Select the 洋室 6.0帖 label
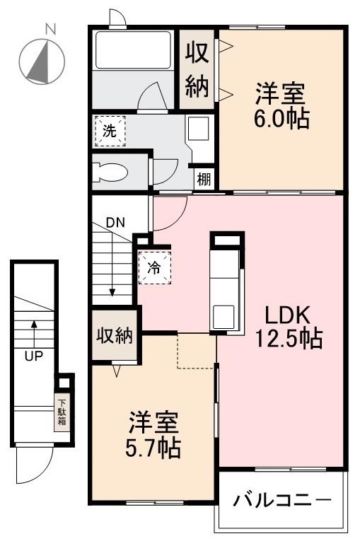pos(281,105)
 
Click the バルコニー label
pos(281,501)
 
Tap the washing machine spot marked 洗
pos(110,130)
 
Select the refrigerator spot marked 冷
pos(154,267)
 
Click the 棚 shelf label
pos(204,179)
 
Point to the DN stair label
pos(115,222)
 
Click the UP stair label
pos(33,356)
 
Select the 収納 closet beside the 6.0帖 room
pos(197,69)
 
